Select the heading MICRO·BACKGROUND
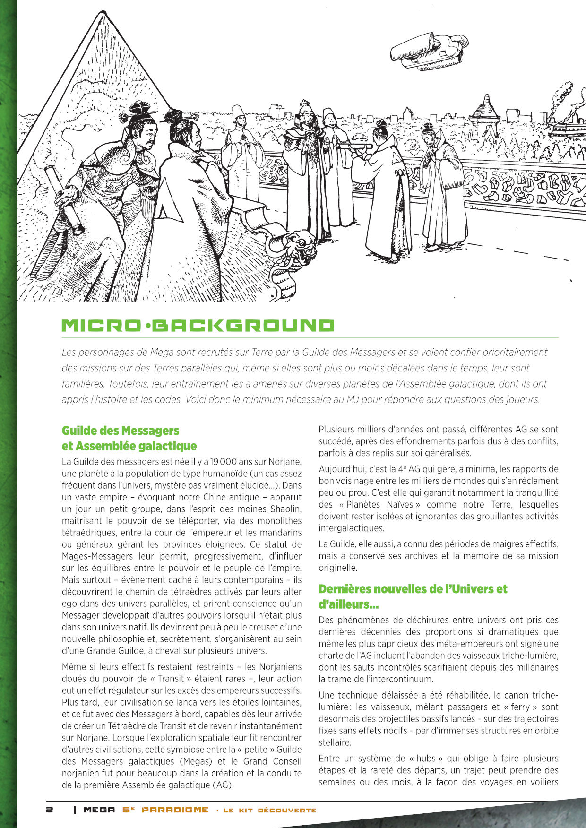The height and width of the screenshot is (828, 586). point(198,326)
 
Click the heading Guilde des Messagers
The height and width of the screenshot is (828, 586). point(121,431)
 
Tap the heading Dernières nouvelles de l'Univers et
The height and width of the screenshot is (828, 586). point(412,589)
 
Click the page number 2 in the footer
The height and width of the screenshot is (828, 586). point(49,810)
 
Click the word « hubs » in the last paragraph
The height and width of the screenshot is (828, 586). point(423,759)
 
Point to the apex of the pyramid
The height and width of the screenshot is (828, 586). point(101,13)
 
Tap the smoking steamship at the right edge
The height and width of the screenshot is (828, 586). point(566,125)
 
